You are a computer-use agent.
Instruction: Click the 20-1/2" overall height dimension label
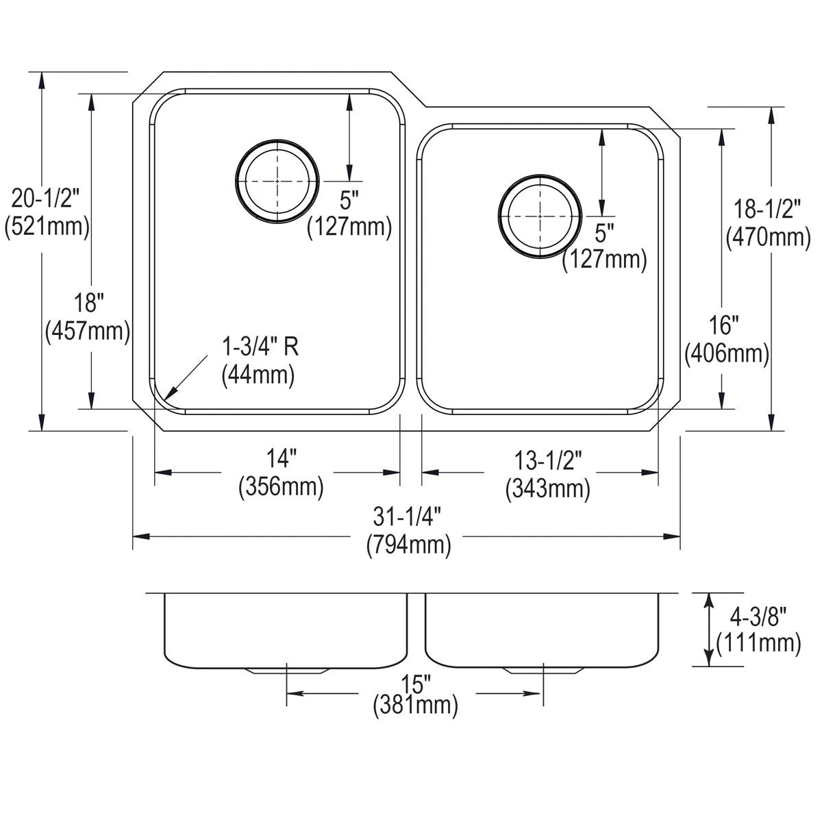pyautogui.click(x=47, y=212)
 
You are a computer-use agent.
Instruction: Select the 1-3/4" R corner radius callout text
pyautogui.click(x=260, y=360)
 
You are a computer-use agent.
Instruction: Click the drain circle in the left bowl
pyautogui.click(x=277, y=182)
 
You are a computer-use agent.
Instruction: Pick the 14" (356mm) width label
pyautogui.click(x=281, y=473)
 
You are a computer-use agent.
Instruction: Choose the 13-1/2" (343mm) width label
pyautogui.click(x=547, y=473)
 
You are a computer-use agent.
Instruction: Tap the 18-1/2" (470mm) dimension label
pyautogui.click(x=768, y=223)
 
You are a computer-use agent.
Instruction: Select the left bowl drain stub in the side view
pyautogui.click(x=285, y=671)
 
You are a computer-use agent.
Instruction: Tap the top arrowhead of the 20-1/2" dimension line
pyautogui.click(x=42, y=75)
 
